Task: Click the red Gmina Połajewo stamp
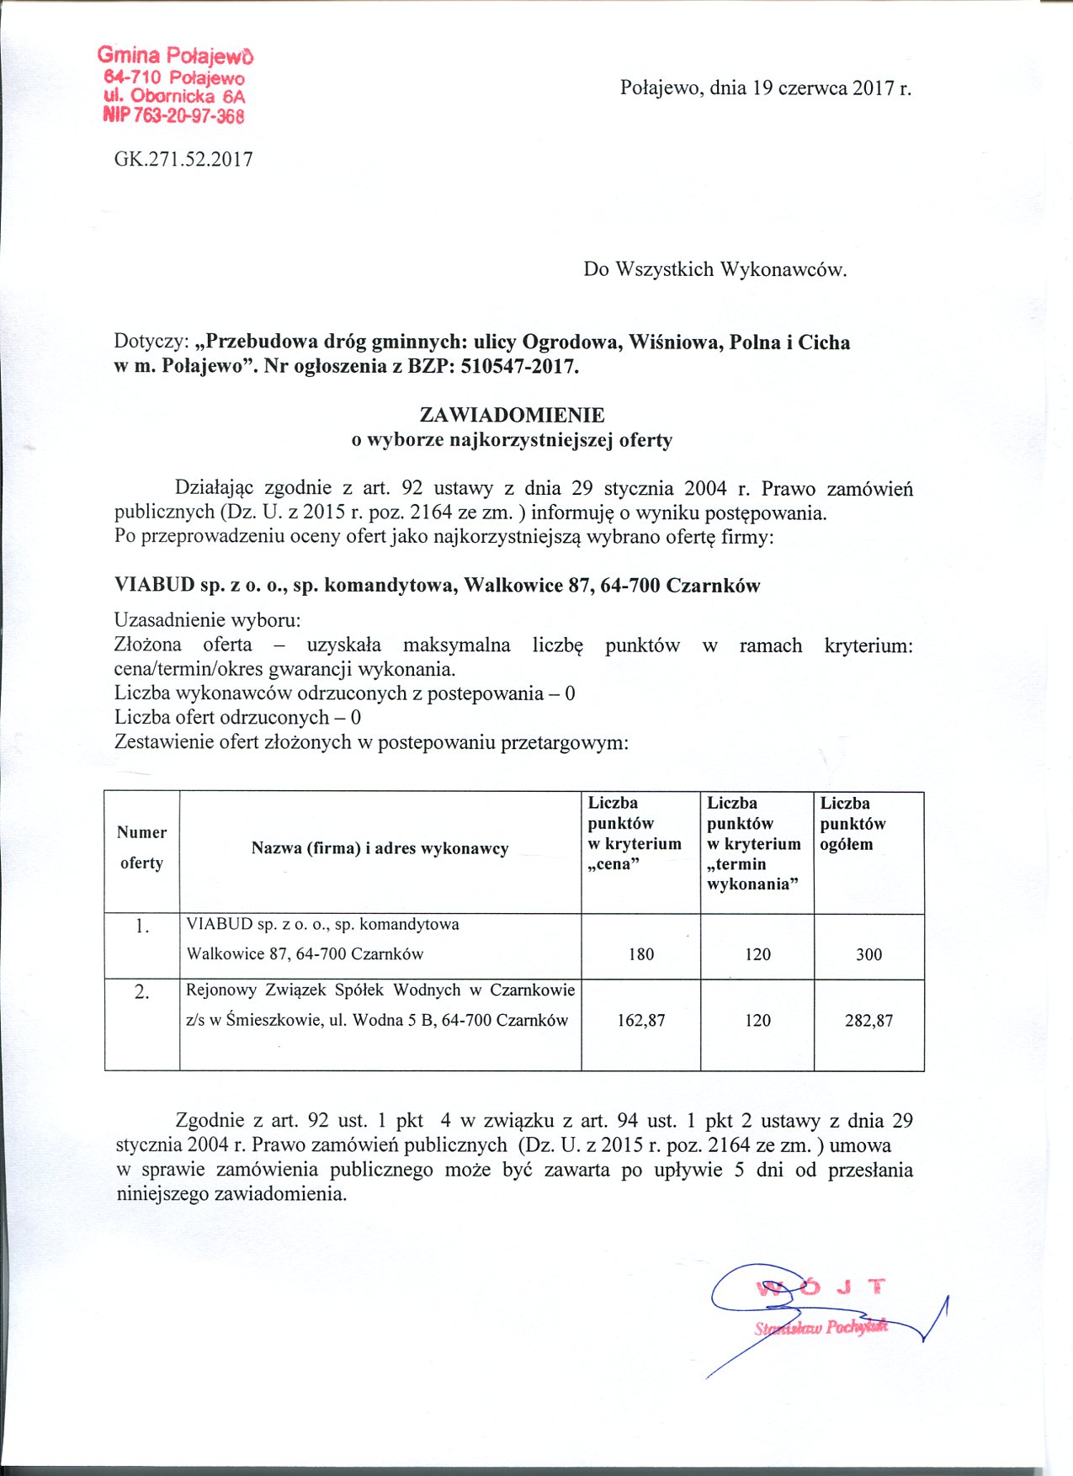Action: (x=174, y=85)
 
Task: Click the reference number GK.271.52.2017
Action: (x=183, y=159)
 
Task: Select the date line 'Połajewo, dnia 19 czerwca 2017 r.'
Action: (x=766, y=88)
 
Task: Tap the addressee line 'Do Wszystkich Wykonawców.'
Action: (x=715, y=269)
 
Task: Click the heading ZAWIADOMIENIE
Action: (x=512, y=415)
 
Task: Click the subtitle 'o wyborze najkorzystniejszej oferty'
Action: (x=512, y=439)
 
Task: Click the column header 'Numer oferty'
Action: (x=141, y=847)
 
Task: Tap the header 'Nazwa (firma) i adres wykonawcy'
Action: (x=380, y=848)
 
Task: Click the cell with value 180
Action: (x=640, y=954)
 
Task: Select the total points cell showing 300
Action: (x=868, y=954)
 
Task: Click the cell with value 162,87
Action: (x=640, y=1021)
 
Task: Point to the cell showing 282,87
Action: (x=868, y=1021)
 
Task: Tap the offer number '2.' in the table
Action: (x=141, y=992)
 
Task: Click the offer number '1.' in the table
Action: (x=141, y=926)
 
